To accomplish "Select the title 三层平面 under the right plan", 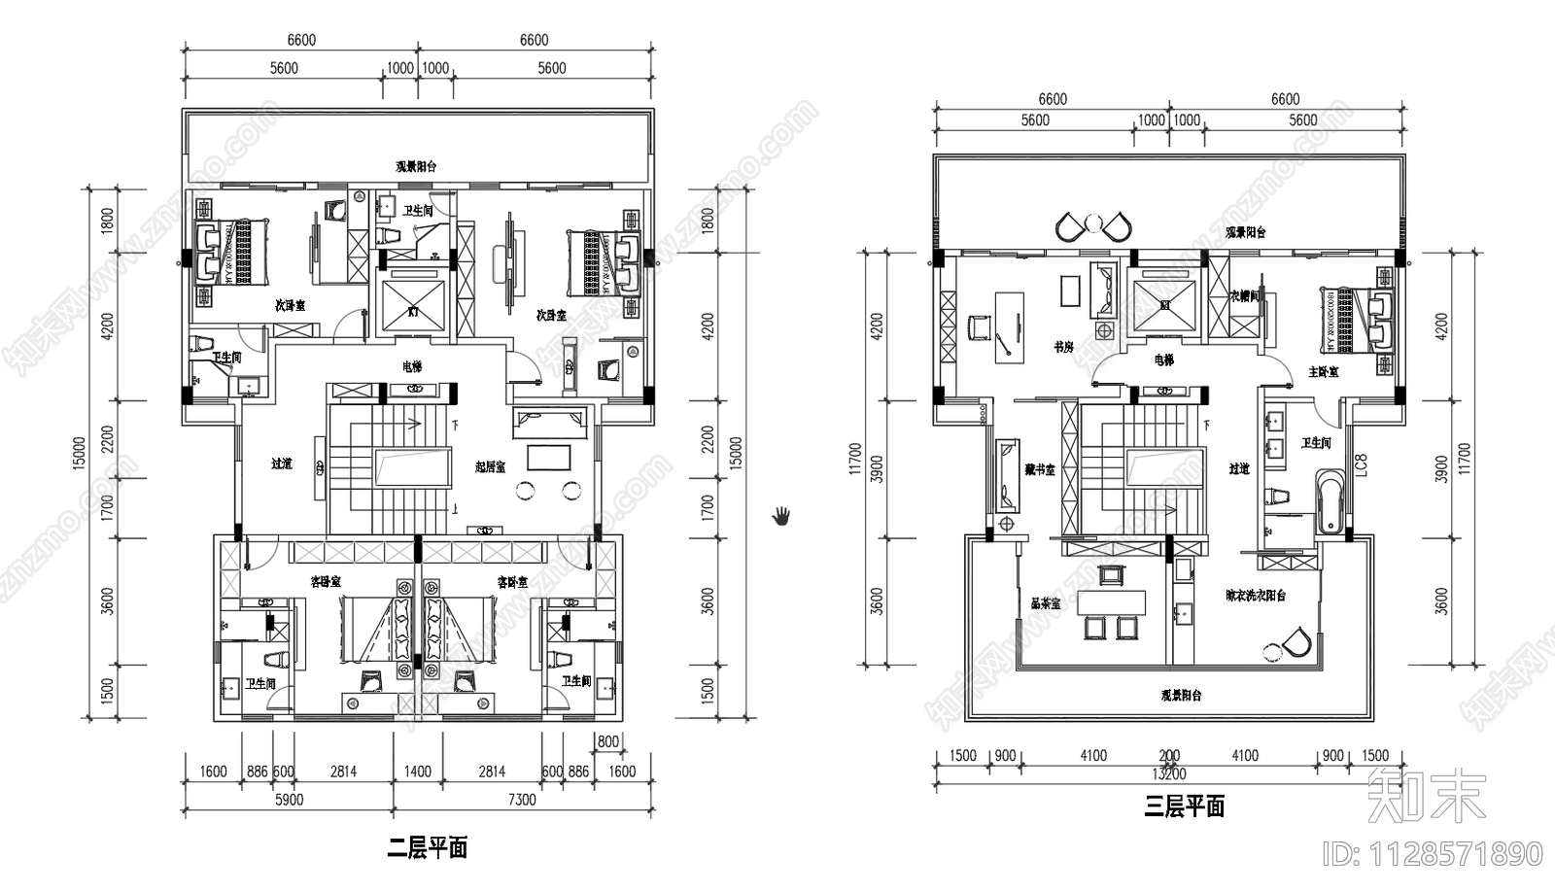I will (1184, 806).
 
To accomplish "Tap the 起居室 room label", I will (491, 466).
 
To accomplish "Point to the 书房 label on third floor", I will (1064, 347).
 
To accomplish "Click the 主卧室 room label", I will (1323, 372).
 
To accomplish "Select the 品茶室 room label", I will (1046, 603).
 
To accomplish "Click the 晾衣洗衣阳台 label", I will (1256, 596).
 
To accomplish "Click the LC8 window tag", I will (1362, 465).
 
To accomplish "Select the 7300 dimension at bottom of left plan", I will (522, 800).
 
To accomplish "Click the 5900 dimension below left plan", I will (289, 800).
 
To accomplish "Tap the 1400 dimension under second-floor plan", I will (417, 772).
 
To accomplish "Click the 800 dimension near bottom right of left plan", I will (607, 742).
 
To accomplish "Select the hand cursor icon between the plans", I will (780, 515).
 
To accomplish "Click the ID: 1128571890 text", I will (1433, 854).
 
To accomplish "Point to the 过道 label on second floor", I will (282, 464).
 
